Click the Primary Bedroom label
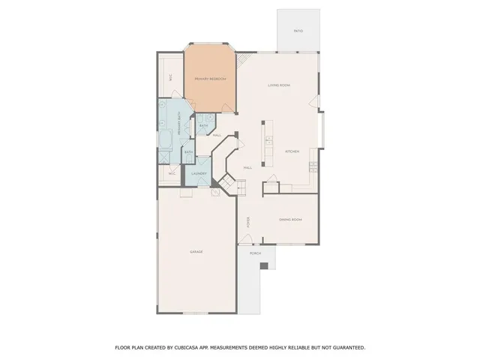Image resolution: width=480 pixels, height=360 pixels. (210, 79)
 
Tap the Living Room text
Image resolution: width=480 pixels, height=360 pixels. (279, 85)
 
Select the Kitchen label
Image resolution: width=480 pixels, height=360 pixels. (292, 151)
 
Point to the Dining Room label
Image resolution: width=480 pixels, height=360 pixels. (290, 219)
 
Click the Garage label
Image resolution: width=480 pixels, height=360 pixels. (196, 251)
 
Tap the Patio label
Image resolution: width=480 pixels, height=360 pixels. (298, 31)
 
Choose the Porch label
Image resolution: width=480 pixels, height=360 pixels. (256, 254)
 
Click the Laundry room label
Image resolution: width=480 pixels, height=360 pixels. (199, 174)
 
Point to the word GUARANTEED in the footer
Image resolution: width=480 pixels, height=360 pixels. (346, 347)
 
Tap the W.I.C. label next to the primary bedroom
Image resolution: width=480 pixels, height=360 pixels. (171, 76)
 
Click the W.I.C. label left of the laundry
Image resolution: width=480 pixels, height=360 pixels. (172, 174)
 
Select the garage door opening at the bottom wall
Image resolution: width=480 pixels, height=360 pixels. (196, 312)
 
